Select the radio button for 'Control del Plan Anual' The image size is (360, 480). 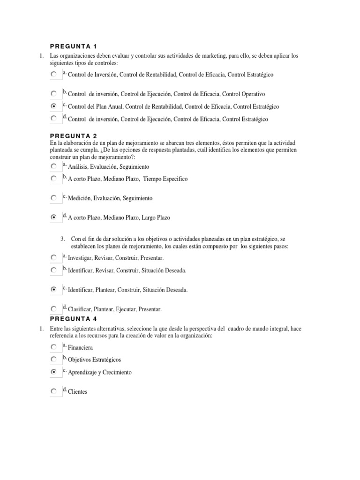coord(54,106)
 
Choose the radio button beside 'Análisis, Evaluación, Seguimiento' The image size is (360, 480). coord(54,166)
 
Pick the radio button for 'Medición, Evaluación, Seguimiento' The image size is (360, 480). coord(54,198)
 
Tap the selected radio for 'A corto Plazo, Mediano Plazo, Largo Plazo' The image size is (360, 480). coord(54,217)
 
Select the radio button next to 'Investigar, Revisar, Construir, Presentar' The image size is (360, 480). coord(54,257)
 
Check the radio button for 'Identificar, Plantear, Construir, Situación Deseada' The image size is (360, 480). coord(54,290)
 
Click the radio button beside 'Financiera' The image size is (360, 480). coord(54,347)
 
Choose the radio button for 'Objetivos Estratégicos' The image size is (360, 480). coord(54,359)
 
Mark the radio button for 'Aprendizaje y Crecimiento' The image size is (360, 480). coord(54,372)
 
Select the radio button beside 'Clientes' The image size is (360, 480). coord(54,391)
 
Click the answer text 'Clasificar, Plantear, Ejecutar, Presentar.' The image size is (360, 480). coord(115,309)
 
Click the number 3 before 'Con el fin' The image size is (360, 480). coord(62,239)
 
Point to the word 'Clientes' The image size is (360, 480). coord(78,392)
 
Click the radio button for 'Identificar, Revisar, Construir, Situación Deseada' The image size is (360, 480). coord(54,270)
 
